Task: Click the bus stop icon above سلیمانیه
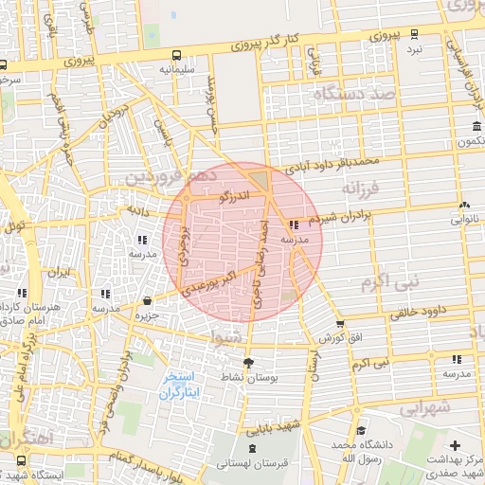point(178,54)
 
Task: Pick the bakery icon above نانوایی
point(463,205)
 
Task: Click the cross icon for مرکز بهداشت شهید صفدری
point(455,445)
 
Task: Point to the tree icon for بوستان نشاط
point(249,362)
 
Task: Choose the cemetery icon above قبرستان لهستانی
point(251,448)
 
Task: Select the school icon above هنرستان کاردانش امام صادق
point(23,294)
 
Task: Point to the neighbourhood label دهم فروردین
point(170,176)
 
